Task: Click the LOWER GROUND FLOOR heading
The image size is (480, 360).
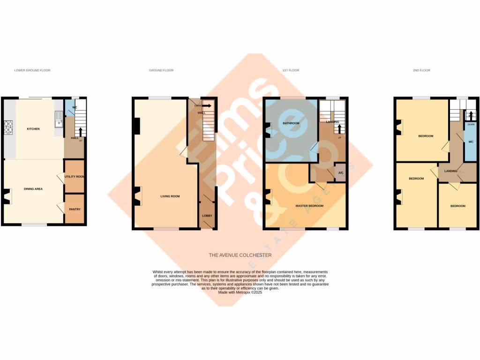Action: click(32, 70)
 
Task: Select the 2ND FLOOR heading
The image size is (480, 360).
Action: click(421, 70)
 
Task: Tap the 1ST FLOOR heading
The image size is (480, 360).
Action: click(291, 70)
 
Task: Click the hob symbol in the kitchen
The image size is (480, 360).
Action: click(8, 125)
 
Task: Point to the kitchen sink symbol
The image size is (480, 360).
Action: click(59, 120)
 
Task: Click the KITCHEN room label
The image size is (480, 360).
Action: click(33, 128)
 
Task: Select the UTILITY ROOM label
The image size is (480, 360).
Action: click(74, 177)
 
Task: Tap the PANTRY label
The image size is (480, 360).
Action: click(75, 209)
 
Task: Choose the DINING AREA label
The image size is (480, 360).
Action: click(33, 189)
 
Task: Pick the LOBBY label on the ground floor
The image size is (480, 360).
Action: click(207, 216)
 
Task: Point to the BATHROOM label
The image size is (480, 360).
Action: click(291, 123)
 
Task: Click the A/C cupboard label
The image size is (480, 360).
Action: click(341, 172)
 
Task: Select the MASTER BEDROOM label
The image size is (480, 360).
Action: click(309, 206)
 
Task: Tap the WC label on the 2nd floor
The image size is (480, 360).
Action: click(471, 141)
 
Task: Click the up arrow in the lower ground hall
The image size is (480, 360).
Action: click(80, 132)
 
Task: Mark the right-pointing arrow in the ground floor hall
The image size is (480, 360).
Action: click(206, 106)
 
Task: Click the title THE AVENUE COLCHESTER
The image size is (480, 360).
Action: click(240, 255)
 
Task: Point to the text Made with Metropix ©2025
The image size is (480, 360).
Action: click(240, 292)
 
